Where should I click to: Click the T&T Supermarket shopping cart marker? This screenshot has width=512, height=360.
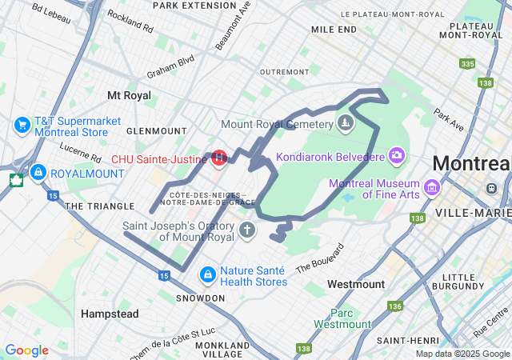click(x=22, y=126)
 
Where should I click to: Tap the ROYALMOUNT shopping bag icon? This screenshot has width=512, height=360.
click(x=38, y=172)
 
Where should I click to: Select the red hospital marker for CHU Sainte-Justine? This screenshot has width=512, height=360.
click(x=218, y=158)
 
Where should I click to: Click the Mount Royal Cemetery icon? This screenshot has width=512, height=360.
click(x=345, y=123)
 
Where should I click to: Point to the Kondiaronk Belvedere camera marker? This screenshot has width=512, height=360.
click(x=396, y=154)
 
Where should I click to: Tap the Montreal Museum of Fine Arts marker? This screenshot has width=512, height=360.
click(x=432, y=188)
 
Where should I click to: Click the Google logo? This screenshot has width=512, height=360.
click(x=26, y=350)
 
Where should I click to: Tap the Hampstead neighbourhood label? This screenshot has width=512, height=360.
click(x=110, y=314)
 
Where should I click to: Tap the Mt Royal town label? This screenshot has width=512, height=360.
click(x=129, y=95)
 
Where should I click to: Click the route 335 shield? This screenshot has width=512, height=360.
click(x=467, y=64)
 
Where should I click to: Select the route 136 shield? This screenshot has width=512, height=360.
click(x=394, y=306)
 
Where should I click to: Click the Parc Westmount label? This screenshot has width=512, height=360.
click(x=342, y=318)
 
